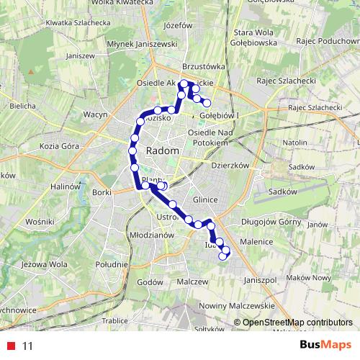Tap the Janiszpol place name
click(261, 279)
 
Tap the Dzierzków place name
click(230, 165)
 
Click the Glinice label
click(205, 200)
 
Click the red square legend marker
click(12, 346)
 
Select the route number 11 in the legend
click(27, 346)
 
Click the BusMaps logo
click(326, 345)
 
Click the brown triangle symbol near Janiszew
click(32, 72)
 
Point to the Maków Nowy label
click(312, 277)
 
